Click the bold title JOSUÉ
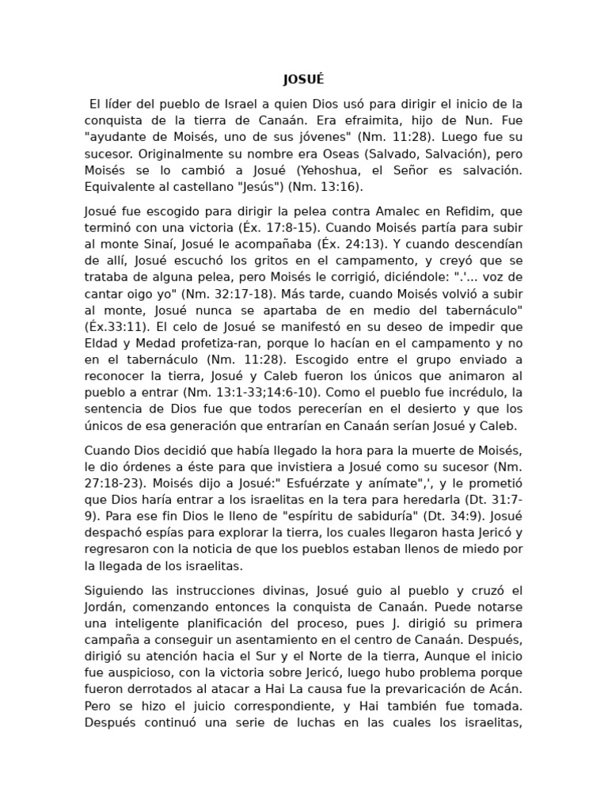point(303,79)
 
